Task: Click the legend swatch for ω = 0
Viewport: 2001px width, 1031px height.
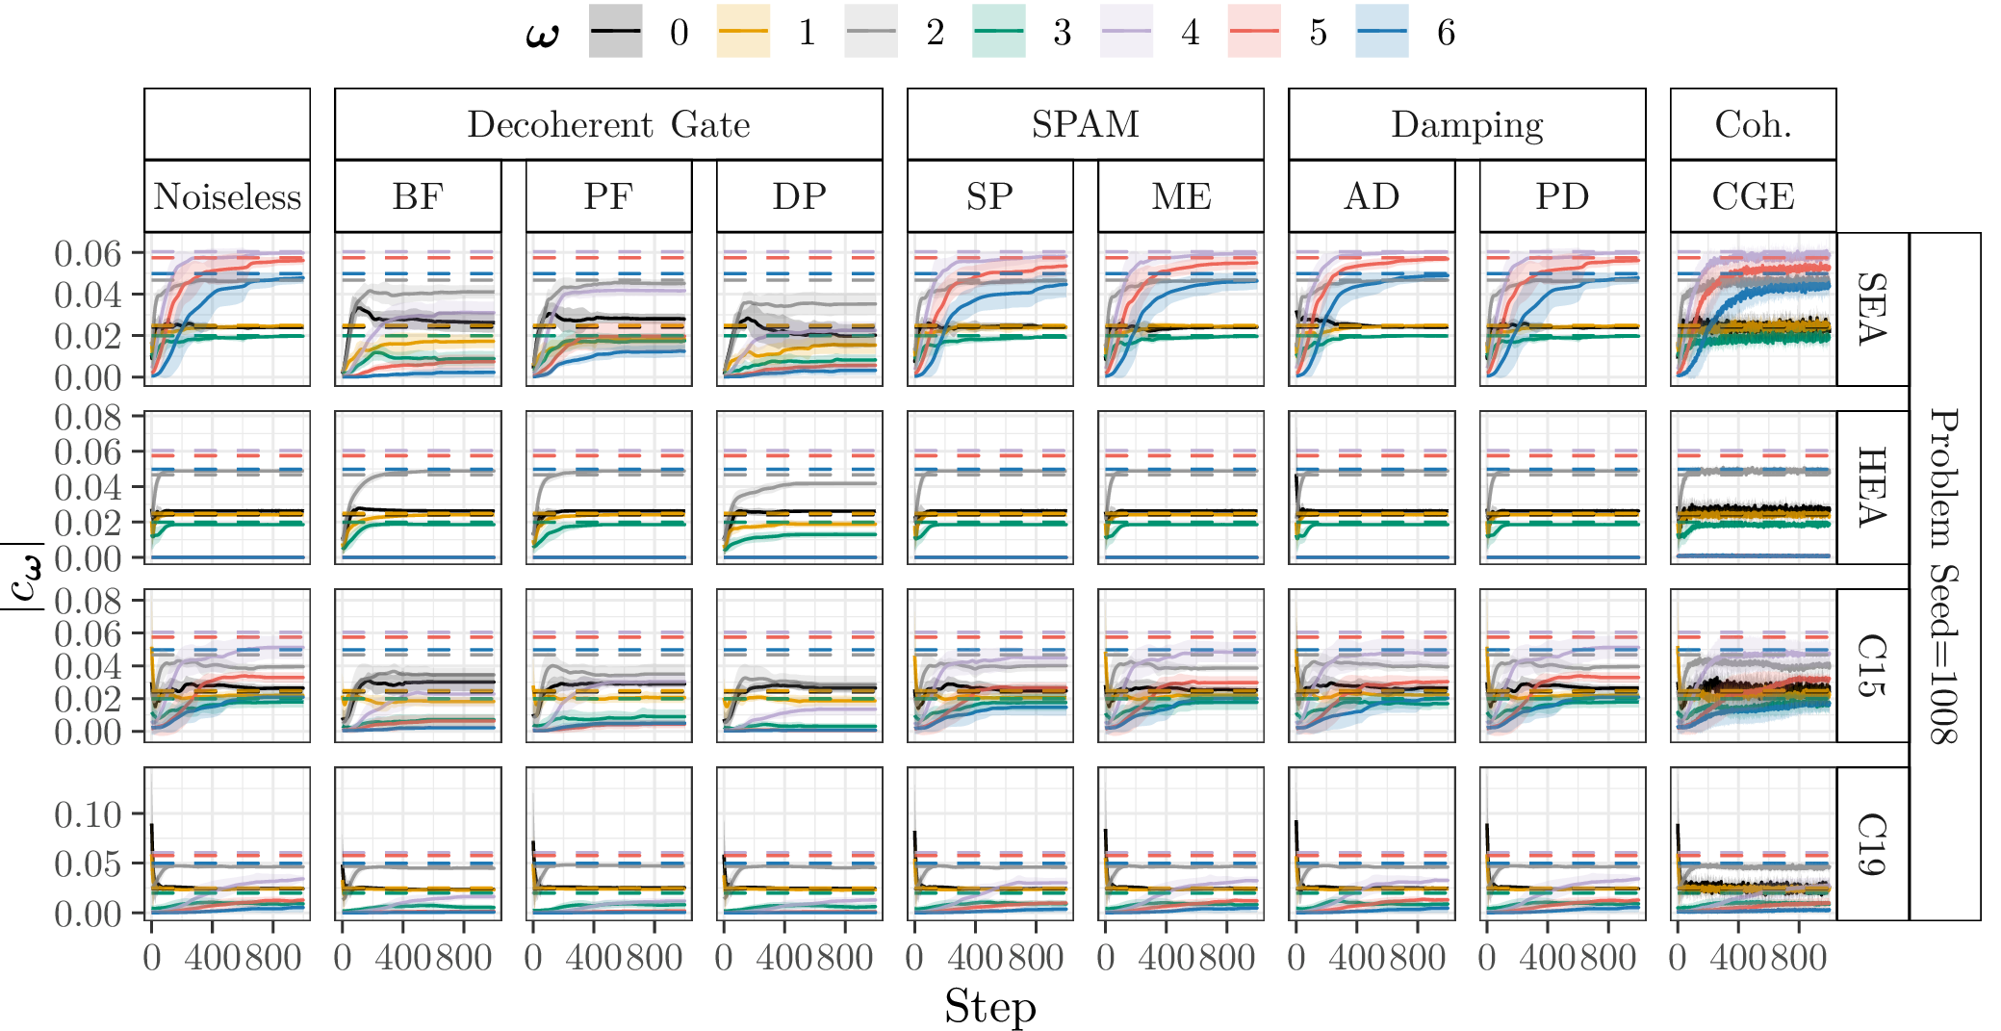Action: (x=615, y=32)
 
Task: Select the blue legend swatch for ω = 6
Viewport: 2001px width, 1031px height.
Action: (x=1381, y=32)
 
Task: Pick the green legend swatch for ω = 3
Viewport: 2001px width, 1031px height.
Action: (x=998, y=32)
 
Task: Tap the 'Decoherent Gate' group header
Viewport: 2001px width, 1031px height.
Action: (x=608, y=124)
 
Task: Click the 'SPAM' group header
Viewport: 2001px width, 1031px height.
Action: (x=1085, y=124)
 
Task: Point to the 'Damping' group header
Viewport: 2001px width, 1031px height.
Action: (x=1466, y=124)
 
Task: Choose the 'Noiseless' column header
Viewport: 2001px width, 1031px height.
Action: (x=227, y=196)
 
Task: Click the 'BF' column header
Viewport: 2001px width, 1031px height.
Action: (x=418, y=196)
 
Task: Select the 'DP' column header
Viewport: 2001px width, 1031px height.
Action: (x=799, y=196)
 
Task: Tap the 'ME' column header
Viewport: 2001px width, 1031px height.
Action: (x=1181, y=196)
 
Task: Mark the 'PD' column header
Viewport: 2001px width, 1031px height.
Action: (x=1562, y=196)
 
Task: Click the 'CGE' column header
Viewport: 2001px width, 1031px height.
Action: (x=1753, y=196)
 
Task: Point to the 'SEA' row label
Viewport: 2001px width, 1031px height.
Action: (x=1872, y=309)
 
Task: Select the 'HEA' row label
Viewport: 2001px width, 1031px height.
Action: (x=1872, y=487)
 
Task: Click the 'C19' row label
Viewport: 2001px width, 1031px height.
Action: (x=1872, y=843)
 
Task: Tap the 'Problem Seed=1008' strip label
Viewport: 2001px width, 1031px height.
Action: (x=1944, y=576)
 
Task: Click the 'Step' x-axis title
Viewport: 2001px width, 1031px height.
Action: (x=989, y=1007)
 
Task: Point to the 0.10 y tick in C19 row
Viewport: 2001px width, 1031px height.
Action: (x=88, y=814)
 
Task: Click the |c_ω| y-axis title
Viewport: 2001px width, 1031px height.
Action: (x=23, y=576)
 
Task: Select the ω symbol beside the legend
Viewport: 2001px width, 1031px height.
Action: (x=543, y=34)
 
